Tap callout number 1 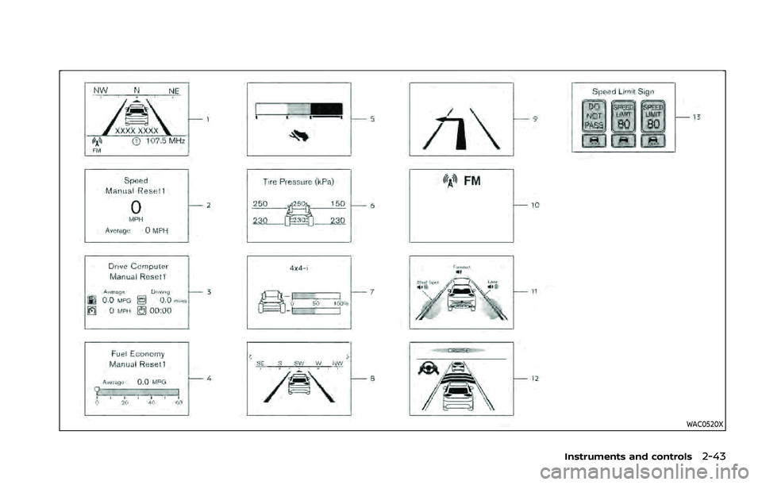click(x=208, y=118)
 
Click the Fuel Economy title click(x=137, y=351)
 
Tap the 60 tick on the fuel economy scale click(x=179, y=403)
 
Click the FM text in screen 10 click(x=471, y=180)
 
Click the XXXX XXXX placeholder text click(x=137, y=129)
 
